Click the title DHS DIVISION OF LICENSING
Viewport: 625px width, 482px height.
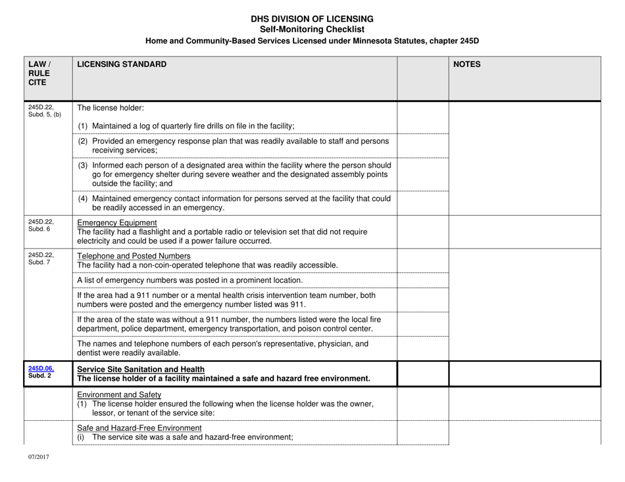pos(312,19)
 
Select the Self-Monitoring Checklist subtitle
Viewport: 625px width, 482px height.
pos(312,30)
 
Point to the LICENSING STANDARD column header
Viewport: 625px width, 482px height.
pos(122,64)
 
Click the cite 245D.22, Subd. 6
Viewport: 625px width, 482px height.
pos(40,225)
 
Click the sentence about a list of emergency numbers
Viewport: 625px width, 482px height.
pos(189,279)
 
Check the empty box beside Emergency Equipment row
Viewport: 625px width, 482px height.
pos(424,231)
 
